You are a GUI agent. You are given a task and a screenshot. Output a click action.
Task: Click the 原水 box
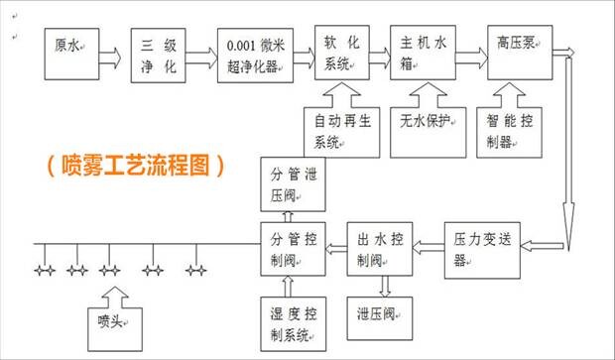pos(71,54)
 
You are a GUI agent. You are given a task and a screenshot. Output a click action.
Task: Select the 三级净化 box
pos(158,56)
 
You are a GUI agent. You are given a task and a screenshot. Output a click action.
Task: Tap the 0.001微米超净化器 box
pos(255,56)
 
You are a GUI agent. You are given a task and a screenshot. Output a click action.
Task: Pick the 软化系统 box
pos(342,53)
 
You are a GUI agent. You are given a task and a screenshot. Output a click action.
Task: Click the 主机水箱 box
pos(423,53)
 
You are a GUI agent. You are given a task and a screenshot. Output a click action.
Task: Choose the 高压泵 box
pos(520,53)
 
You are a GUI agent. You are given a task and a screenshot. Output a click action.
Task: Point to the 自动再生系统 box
pos(342,133)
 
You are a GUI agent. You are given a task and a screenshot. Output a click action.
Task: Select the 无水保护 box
pos(429,133)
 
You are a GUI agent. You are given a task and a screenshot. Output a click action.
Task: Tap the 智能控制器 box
pos(510,133)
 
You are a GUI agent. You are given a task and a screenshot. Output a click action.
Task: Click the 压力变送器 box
pos(482,251)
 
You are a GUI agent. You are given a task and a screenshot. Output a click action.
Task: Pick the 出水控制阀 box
pos(380,249)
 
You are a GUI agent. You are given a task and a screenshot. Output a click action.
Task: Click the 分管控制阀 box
pos(293,249)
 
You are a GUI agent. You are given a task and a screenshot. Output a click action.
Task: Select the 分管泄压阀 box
pos(293,184)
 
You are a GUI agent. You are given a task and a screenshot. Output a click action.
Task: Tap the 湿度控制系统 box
pos(293,324)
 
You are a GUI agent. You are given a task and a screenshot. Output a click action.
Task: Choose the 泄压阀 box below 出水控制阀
pos(380,318)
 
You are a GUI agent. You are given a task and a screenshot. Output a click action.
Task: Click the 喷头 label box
pos(115,329)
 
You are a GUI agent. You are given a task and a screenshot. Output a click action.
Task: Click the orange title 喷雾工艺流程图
pos(135,166)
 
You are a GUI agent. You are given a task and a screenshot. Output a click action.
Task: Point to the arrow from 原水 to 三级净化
pos(110,59)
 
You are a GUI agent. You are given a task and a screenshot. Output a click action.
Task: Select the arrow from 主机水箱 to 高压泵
pos(472,59)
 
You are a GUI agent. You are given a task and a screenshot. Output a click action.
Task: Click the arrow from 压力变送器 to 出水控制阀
pos(429,248)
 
